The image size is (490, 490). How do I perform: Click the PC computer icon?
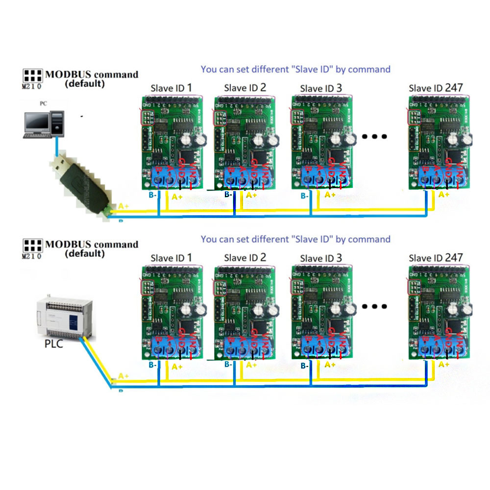tap(45, 123)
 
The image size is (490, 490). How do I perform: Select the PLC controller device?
tap(64, 318)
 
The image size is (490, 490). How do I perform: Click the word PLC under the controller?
tap(53, 344)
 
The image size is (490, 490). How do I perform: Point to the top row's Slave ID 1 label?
tap(171, 89)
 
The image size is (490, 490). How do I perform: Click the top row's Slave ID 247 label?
tap(436, 88)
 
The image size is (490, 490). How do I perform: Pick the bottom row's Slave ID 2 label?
tap(245, 258)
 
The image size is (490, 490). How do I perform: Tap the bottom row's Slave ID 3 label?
tap(321, 258)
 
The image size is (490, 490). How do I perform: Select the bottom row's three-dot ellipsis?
tap(375, 307)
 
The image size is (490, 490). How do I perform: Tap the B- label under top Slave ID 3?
tap(304, 196)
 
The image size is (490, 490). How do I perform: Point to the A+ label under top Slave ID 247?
tap(444, 195)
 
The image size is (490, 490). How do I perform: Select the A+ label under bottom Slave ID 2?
tap(251, 365)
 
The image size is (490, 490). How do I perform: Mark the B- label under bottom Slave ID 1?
tap(152, 365)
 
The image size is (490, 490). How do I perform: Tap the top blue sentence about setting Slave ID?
tap(295, 70)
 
